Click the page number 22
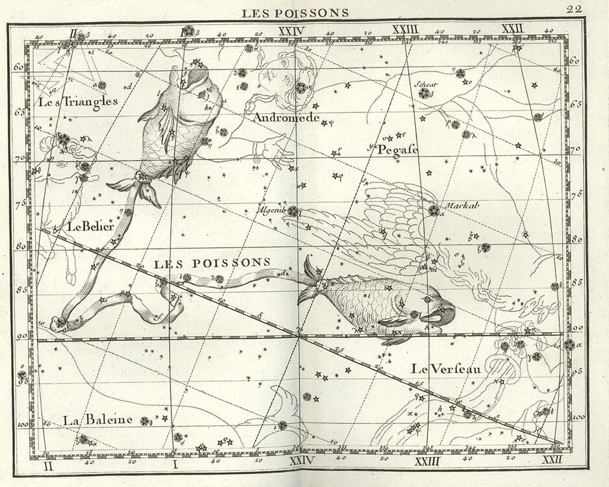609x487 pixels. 573,9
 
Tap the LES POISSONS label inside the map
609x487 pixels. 212,262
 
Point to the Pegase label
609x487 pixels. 397,150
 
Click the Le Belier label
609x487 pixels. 90,227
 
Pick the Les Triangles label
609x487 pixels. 78,101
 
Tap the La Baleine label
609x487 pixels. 98,420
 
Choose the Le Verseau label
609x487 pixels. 445,369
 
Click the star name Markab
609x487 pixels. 462,205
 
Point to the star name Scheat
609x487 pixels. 424,84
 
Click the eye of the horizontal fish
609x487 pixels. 426,299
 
